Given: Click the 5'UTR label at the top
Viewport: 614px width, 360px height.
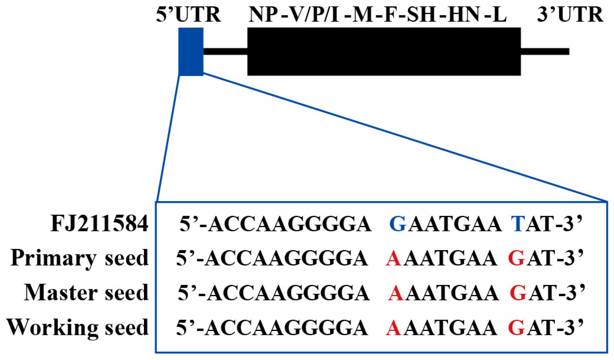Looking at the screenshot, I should point(188,14).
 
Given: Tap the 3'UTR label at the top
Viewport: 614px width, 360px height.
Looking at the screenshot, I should point(570,14).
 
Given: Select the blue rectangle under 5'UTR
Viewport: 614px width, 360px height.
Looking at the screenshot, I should point(191,52).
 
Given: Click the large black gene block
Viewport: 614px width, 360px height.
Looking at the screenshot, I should point(384,52).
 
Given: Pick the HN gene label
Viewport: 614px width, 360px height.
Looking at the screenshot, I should point(463,14).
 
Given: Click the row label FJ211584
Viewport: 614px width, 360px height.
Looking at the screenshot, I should point(99,224).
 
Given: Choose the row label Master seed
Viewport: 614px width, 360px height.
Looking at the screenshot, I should point(86,293).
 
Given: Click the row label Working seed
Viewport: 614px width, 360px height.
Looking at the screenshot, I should point(78,327).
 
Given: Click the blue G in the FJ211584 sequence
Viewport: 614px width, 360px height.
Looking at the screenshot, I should point(398,224).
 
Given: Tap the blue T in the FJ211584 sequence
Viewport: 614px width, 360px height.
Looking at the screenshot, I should point(518,224).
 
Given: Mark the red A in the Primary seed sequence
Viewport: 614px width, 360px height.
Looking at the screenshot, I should point(393,258).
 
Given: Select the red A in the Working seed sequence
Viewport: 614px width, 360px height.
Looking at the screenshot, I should point(393,328).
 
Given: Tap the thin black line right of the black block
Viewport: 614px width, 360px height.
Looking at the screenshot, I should point(545,52).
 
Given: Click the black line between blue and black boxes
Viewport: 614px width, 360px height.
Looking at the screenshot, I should point(225,52).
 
